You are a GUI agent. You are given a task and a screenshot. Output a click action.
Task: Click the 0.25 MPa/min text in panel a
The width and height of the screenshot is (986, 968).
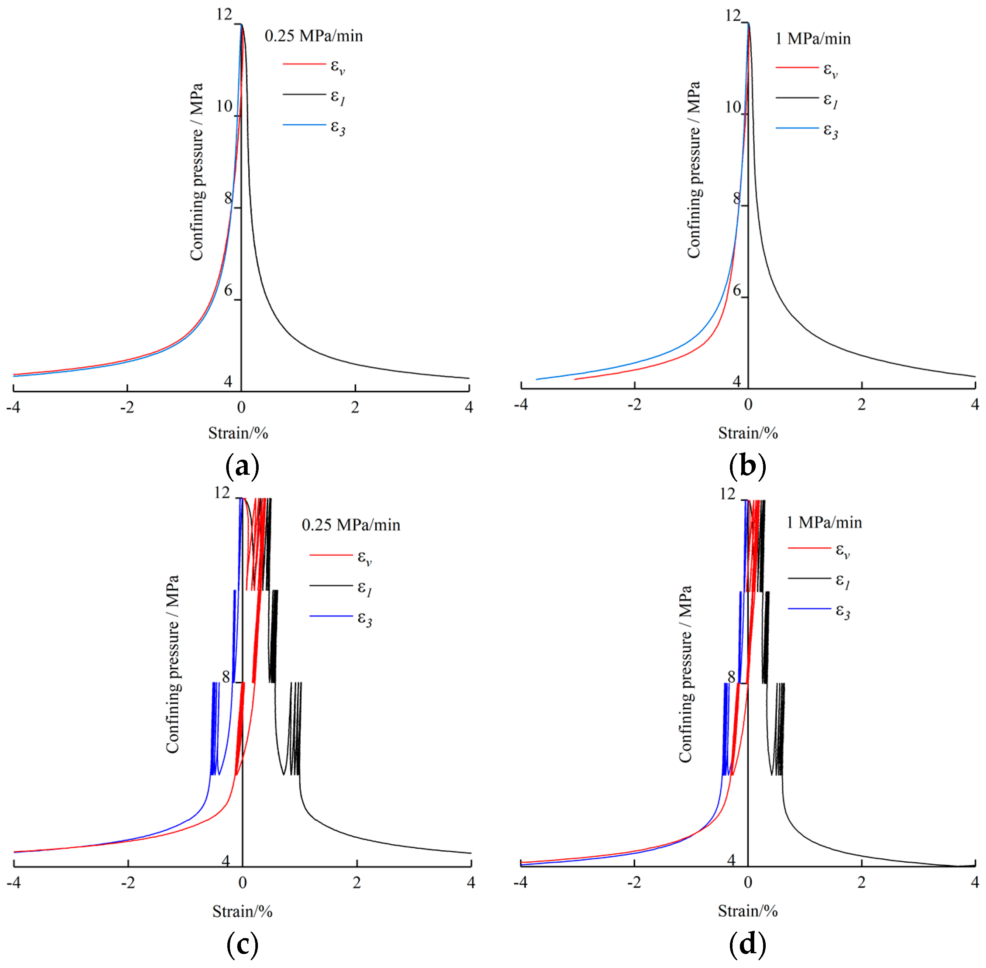[314, 36]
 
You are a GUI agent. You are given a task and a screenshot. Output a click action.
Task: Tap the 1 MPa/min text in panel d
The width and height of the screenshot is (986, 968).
[824, 523]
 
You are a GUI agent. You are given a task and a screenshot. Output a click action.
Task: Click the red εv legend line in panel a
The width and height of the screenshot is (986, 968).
[304, 64]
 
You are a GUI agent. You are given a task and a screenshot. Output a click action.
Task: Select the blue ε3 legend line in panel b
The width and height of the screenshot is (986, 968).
[797, 128]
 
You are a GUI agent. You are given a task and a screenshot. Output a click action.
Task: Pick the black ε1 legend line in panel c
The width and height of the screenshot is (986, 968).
[331, 586]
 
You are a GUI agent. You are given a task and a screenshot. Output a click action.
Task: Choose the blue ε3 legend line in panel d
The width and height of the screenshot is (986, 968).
[809, 608]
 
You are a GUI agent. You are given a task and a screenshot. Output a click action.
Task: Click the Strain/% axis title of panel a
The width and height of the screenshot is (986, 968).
[238, 433]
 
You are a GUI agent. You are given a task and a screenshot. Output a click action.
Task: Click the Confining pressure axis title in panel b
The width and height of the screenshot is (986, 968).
[694, 170]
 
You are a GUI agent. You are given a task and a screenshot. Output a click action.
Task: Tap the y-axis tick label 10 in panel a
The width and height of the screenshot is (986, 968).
[224, 106]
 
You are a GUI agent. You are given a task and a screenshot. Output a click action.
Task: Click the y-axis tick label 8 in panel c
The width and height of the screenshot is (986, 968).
[226, 677]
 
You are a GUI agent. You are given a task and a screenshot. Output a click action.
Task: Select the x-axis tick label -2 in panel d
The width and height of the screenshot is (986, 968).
[634, 882]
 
